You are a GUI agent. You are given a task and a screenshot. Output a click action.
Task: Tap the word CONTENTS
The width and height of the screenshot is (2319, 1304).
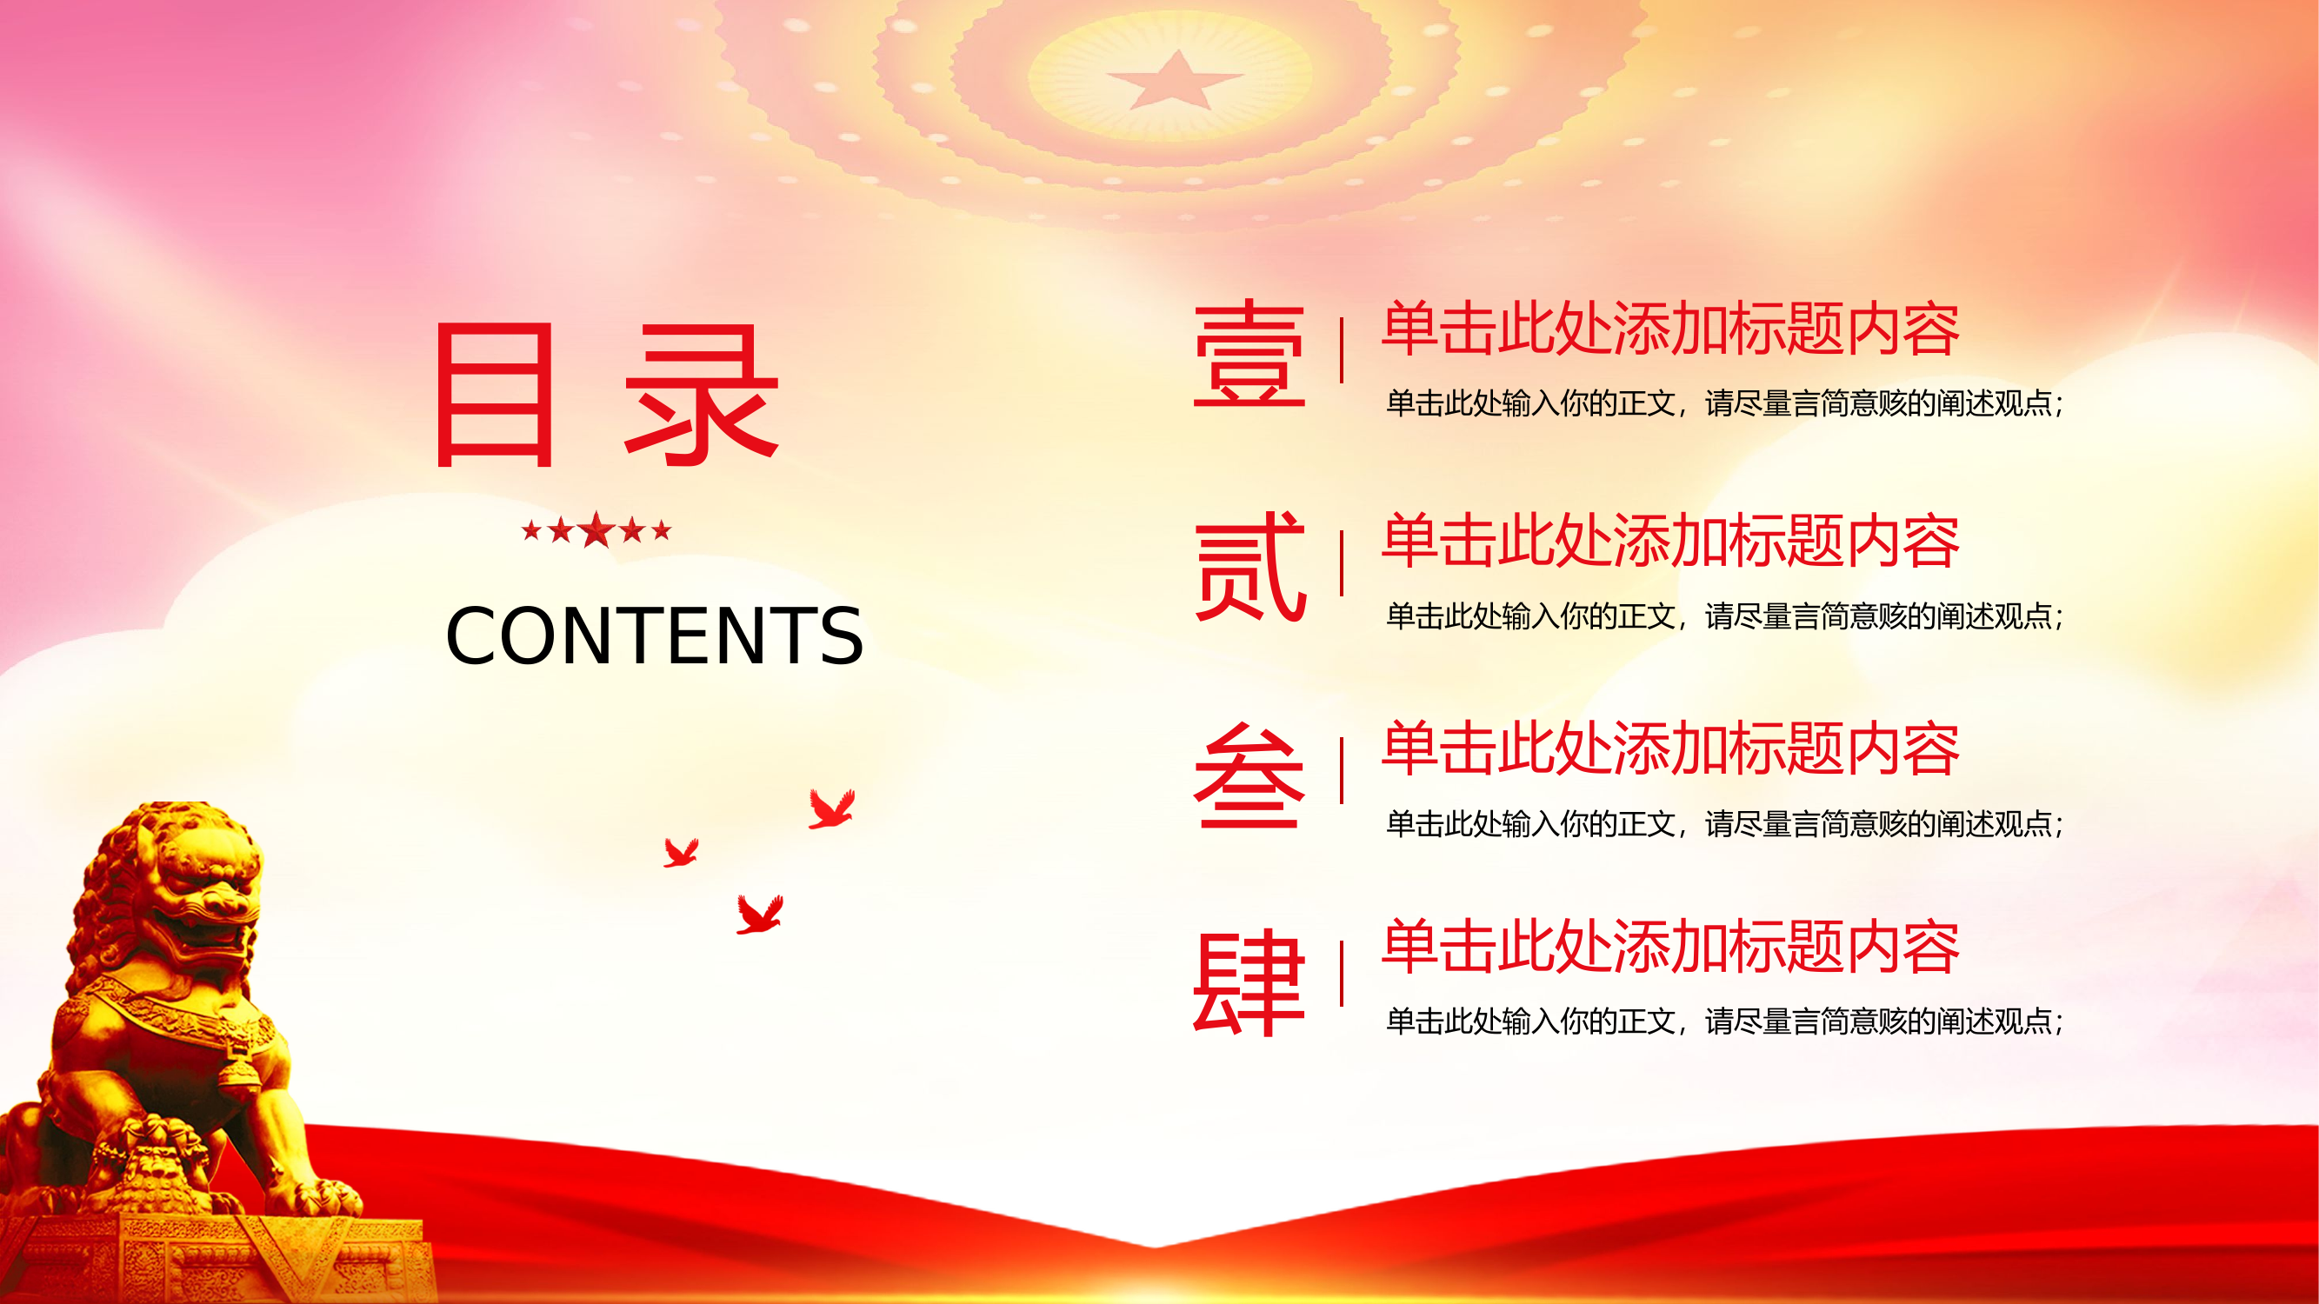tap(655, 636)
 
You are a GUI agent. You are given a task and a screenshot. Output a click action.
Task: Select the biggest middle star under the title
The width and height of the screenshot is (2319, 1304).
tap(596, 529)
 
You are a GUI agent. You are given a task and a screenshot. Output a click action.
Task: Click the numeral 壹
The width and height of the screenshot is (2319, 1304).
tap(1249, 355)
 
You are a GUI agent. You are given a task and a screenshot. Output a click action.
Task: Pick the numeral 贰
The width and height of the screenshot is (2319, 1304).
tap(1249, 566)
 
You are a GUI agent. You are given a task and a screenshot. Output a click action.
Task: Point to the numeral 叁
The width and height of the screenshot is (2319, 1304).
tap(1249, 775)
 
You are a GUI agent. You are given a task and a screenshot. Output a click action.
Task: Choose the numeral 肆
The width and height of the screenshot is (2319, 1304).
tap(1249, 982)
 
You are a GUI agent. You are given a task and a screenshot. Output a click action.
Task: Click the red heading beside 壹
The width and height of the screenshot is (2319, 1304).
tap(1670, 329)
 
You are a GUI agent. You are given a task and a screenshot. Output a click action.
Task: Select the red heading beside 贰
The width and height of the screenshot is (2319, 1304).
tap(1670, 542)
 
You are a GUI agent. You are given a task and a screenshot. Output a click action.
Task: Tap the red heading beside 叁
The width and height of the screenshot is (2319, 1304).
tap(1670, 748)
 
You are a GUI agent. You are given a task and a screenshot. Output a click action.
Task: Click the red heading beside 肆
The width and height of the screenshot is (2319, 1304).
tap(1670, 947)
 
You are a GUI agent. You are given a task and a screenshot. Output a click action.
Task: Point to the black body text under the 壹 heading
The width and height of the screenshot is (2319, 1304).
tap(1724, 403)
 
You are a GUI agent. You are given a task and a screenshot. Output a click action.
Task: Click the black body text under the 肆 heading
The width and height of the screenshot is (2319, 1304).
tap(1724, 1021)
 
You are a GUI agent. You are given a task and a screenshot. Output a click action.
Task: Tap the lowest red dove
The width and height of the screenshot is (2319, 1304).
tap(759, 915)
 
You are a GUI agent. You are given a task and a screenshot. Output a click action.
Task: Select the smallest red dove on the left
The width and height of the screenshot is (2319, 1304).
tap(680, 852)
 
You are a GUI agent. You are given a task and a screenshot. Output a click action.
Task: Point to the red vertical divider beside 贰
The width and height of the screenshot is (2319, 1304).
tap(1342, 563)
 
